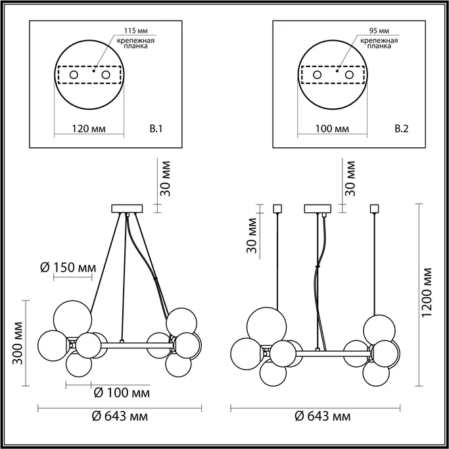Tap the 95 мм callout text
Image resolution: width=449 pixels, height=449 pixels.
(379, 31)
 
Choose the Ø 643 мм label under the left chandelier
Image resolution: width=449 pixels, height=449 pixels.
(119, 417)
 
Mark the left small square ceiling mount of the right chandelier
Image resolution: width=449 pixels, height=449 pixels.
(277, 209)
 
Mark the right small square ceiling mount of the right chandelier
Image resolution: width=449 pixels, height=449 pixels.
(375, 209)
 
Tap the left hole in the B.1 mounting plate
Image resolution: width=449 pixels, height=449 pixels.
(74, 76)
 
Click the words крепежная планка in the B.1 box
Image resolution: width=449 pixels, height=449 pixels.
(136, 43)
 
